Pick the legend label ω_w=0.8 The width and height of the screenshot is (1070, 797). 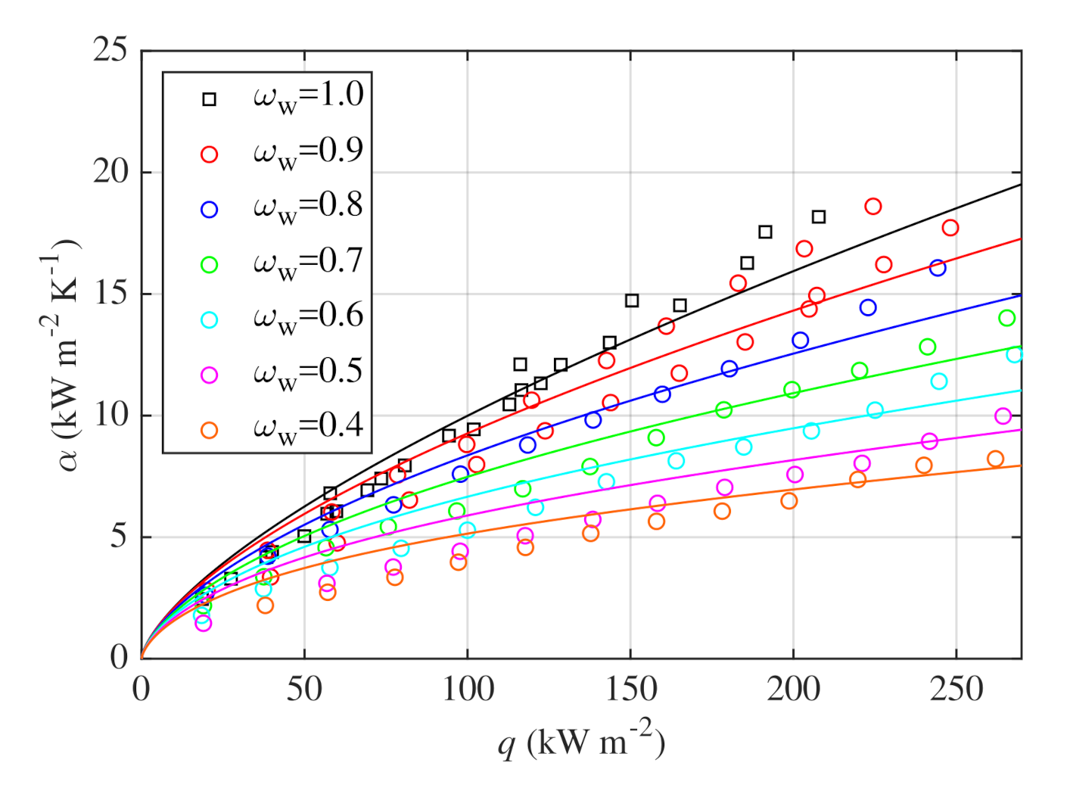pos(307,207)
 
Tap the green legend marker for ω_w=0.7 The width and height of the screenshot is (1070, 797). pos(210,265)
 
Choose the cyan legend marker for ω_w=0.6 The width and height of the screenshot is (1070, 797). pos(210,320)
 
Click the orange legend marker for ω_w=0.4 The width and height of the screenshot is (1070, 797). pos(210,431)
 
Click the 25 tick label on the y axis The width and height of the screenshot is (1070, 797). pos(110,51)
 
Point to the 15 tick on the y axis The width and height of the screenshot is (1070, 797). pos(110,294)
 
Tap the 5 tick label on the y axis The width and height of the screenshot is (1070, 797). pos(119,537)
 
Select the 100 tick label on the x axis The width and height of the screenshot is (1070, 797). pos(467,690)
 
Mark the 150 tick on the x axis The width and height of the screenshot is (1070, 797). pos(630,690)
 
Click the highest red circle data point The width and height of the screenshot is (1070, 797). pos(873,207)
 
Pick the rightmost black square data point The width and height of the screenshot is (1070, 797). pos(819,217)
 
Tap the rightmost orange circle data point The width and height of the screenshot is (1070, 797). pos(995,459)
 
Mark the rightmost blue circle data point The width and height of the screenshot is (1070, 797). pos(938,268)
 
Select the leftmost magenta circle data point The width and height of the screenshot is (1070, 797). pos(203,624)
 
